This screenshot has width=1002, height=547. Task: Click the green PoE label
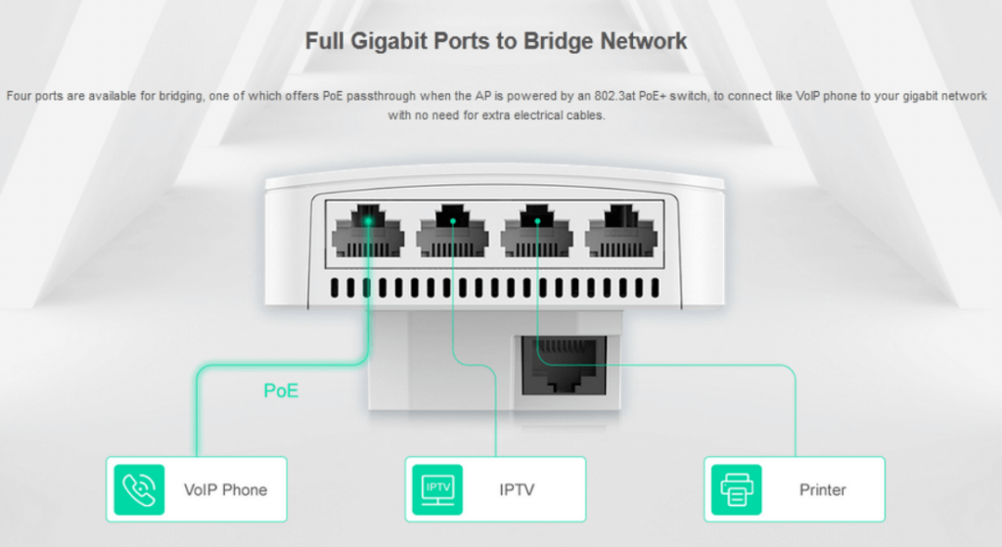click(x=281, y=391)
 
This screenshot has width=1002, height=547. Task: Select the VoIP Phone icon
click(x=140, y=488)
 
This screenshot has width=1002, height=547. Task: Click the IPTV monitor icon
click(x=437, y=488)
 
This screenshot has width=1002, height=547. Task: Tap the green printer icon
click(x=737, y=488)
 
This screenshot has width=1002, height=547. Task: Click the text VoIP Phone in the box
click(x=225, y=489)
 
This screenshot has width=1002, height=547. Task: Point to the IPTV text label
click(x=517, y=489)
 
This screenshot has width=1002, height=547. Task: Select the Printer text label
click(x=822, y=489)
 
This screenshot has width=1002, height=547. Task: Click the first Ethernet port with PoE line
click(x=368, y=233)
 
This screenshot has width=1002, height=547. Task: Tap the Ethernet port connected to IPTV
click(x=452, y=233)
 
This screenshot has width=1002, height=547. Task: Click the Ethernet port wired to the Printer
click(x=536, y=233)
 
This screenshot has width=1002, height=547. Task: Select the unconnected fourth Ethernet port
click(x=620, y=233)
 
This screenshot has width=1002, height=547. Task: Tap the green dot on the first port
click(x=368, y=220)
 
